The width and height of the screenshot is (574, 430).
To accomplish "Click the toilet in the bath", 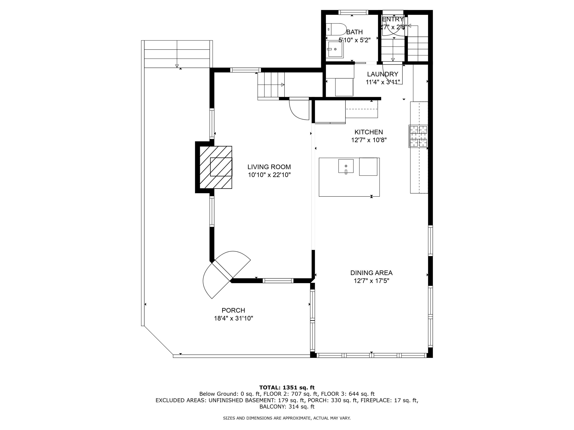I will click(336, 29).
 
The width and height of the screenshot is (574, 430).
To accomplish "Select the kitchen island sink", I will click(346, 166).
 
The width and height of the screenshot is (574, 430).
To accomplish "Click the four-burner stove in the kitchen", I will click(418, 136).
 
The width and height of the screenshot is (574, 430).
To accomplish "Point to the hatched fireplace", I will click(216, 167).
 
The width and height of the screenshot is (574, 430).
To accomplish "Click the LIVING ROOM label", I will click(269, 167).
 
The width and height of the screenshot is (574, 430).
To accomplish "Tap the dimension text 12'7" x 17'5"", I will click(371, 281).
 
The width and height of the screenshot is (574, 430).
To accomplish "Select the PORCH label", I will click(233, 310).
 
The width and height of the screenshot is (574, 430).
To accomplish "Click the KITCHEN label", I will click(369, 132).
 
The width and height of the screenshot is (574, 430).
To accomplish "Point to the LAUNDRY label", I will click(382, 74).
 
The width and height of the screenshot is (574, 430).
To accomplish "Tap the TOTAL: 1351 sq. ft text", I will click(287, 388).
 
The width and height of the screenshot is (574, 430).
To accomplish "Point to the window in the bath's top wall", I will click(353, 12).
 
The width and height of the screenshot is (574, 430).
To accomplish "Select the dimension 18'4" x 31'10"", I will click(233, 318).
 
